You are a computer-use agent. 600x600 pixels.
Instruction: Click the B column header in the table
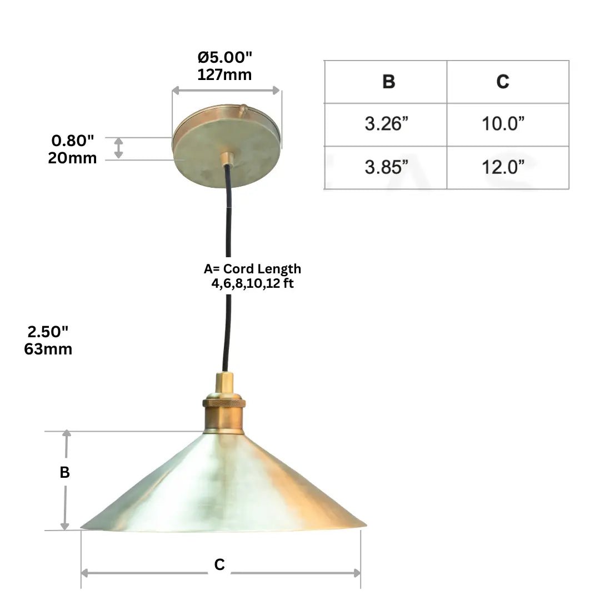coord(388,82)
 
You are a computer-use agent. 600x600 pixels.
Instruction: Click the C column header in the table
coord(503,82)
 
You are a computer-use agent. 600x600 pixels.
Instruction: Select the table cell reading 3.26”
coord(387,124)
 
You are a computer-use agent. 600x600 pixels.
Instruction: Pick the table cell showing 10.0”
coord(503,124)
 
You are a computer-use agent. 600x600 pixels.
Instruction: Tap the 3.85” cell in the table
coord(387,167)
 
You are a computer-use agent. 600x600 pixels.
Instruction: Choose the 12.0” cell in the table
coord(503,167)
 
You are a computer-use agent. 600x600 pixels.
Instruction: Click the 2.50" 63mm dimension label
coord(48,340)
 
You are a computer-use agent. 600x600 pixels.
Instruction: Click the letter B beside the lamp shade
coord(64,472)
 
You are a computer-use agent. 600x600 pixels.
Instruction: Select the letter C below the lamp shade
coord(220,564)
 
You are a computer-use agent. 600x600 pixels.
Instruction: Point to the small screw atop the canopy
coord(243,109)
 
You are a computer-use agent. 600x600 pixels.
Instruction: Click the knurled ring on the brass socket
coord(224,402)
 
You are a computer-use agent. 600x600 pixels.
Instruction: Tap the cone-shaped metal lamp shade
coord(222,489)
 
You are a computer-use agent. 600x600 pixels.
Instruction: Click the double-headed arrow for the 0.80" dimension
coord(119,148)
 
